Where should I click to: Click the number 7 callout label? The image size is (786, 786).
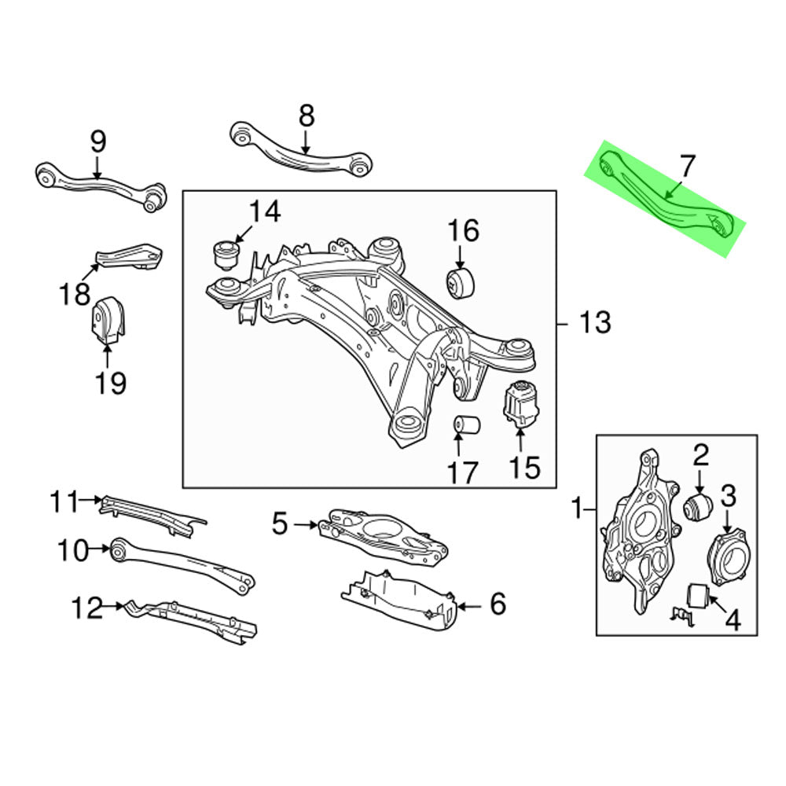click(x=686, y=167)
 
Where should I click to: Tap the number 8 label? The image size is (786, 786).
click(x=307, y=116)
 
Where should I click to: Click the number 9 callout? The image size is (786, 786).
click(x=97, y=142)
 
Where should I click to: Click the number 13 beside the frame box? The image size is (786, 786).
click(x=595, y=322)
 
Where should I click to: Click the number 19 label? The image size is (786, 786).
click(x=111, y=383)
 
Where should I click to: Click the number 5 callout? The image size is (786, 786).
click(x=281, y=523)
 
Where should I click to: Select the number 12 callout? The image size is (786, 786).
click(x=88, y=608)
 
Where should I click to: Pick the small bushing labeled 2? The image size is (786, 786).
click(x=698, y=506)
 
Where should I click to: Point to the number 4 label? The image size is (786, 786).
click(x=732, y=621)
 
